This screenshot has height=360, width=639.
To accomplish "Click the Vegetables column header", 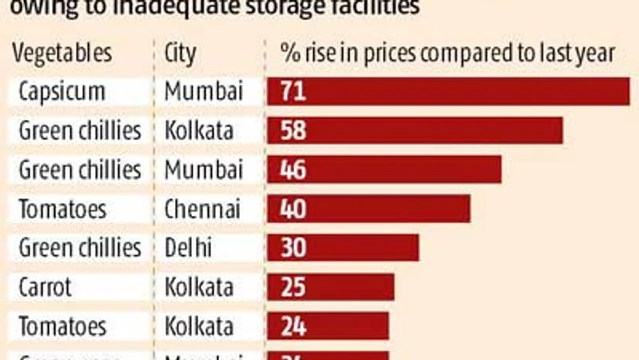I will (61, 53).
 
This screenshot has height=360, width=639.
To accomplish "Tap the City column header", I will (180, 54).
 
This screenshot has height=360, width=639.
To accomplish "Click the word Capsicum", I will (61, 91).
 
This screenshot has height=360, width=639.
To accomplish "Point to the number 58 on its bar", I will (293, 130).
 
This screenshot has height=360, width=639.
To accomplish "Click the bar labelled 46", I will (384, 170).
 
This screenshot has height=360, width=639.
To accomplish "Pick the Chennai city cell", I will (202, 208).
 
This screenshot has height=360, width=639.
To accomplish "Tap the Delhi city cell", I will (189, 248).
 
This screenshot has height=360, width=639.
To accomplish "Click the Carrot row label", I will (45, 287).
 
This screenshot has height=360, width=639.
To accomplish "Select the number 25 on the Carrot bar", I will (293, 287).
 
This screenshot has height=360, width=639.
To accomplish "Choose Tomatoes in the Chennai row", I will (63, 208).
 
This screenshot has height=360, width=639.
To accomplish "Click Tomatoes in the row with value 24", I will (63, 326).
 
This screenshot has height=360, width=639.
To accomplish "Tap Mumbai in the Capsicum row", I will (203, 91).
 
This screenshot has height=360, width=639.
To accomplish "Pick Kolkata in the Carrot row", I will (199, 287).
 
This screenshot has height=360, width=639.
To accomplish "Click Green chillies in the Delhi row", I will (80, 248).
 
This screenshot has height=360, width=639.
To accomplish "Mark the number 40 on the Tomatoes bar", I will (293, 208).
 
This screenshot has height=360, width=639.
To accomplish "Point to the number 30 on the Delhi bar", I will (293, 248).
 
